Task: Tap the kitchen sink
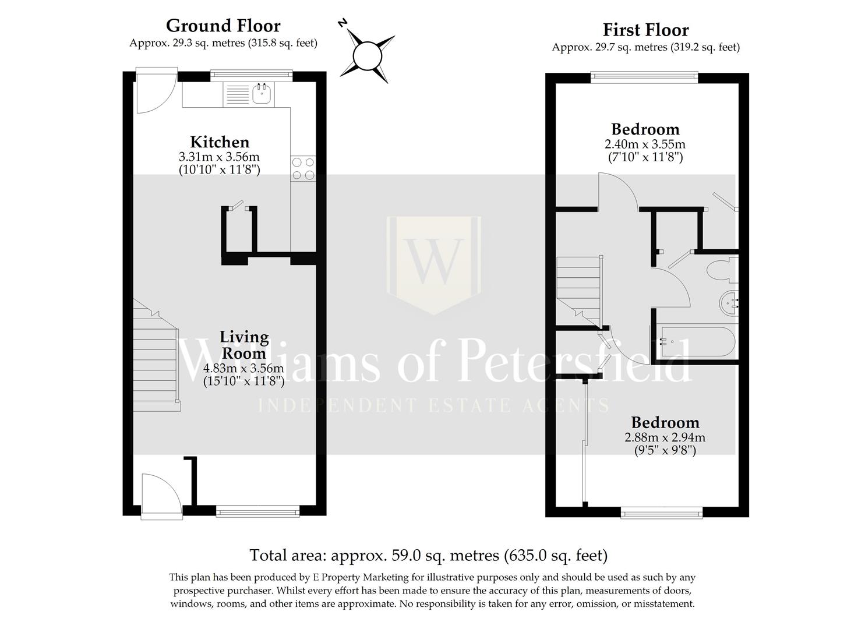pos(263,94)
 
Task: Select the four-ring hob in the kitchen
pos(303,169)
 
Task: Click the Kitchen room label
pos(220,142)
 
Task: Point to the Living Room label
pos(243,345)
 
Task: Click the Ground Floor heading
pos(223,26)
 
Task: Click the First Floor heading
pos(645,30)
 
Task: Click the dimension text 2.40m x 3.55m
pos(645,144)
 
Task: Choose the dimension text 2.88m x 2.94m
pos(665,437)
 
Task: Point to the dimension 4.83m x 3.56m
pos(243,368)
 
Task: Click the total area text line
pos(428,555)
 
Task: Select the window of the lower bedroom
pos(662,512)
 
